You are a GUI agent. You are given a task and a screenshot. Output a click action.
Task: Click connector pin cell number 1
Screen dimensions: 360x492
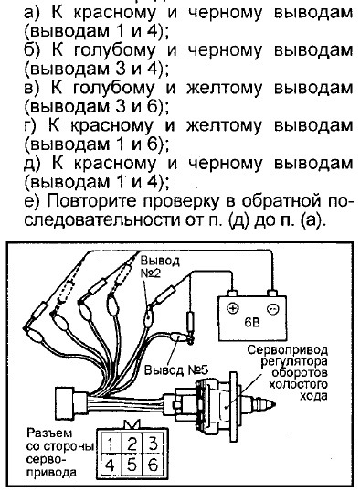coord(110,444)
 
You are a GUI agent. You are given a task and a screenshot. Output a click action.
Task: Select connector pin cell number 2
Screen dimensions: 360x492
coord(132,444)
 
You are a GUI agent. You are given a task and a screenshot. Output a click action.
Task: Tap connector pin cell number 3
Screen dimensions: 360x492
coord(153,444)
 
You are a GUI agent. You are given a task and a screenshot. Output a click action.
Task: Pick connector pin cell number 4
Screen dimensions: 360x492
coord(110,465)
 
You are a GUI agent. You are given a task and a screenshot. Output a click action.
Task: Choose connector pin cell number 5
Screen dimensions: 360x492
coord(132,465)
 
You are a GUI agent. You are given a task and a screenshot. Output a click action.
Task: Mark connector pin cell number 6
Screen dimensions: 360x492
coord(153,465)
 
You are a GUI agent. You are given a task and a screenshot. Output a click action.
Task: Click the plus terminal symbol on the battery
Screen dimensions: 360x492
coord(232,308)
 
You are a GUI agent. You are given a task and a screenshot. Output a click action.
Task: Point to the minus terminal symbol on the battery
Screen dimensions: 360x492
coord(273,309)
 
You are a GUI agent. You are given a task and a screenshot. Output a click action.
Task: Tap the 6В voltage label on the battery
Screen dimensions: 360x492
coord(252,322)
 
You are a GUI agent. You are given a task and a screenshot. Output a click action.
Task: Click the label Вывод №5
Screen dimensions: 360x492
coord(176,370)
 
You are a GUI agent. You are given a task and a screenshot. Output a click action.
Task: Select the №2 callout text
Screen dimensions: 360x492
coord(150,273)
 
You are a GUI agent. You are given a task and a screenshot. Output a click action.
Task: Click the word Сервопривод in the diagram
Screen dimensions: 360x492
coord(287,350)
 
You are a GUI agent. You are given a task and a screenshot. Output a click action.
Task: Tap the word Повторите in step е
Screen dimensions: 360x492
coord(91,201)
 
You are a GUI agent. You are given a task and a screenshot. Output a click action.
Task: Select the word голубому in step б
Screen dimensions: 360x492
coord(114,50)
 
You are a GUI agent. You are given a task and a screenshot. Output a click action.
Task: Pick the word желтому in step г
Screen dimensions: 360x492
coord(224,125)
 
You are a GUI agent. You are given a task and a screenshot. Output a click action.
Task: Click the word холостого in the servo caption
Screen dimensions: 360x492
coord(298,384)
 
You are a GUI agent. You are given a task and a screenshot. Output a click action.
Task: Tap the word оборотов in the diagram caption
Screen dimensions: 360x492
coord(300,373)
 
